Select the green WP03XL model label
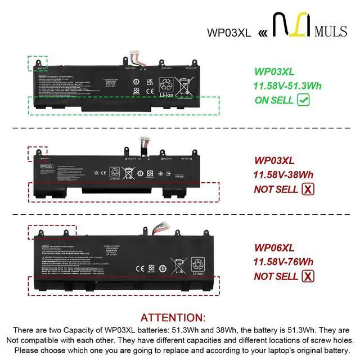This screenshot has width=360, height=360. click(x=274, y=71)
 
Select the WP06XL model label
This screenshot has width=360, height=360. click(x=274, y=247)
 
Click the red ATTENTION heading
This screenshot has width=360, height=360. click(x=173, y=318)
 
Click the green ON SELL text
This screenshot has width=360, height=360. click(x=274, y=100)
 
